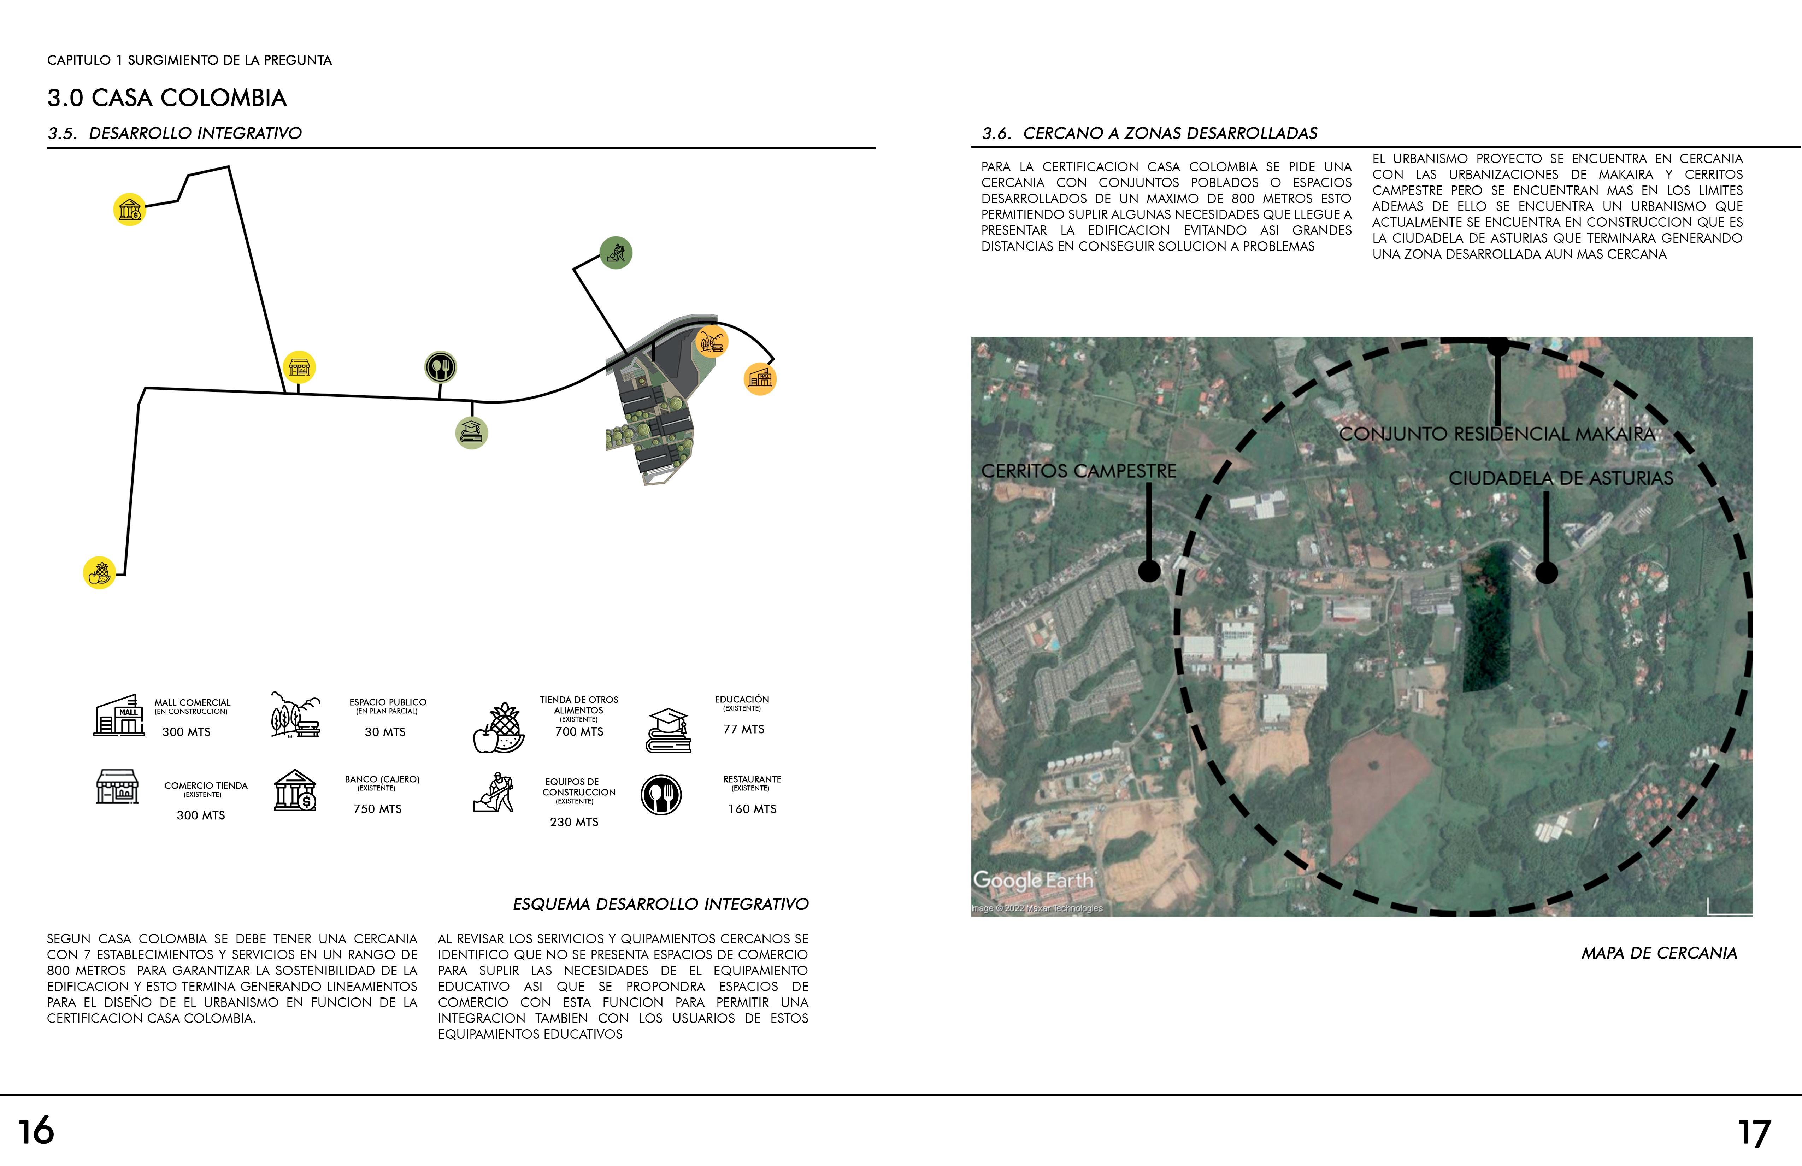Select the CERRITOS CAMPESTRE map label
(1078, 471)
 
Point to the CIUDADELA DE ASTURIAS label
(1560, 478)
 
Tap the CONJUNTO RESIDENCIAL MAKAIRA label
(1497, 434)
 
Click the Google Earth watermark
(1033, 880)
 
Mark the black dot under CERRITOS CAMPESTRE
(1149, 571)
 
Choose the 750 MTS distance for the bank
(377, 809)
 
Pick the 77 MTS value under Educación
(743, 729)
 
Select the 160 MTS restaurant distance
(752, 809)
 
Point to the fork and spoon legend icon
(661, 795)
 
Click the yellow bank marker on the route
(129, 210)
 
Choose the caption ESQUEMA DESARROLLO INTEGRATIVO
(660, 904)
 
